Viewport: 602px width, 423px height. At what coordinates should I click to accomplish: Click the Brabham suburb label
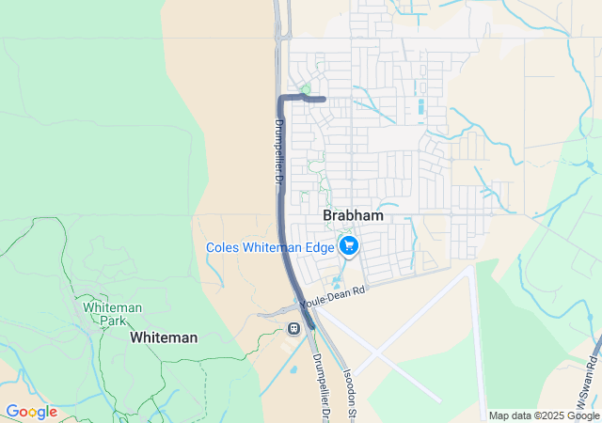tap(353, 215)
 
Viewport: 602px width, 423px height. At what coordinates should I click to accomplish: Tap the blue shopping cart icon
tap(349, 246)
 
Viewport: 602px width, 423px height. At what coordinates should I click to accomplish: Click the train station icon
tap(294, 328)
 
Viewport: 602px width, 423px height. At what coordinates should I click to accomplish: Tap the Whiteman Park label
tap(112, 314)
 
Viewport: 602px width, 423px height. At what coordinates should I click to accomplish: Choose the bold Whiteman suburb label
tap(164, 337)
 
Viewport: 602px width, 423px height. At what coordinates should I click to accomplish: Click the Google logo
tap(31, 412)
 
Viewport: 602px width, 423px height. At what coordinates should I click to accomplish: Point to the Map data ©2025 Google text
tap(544, 415)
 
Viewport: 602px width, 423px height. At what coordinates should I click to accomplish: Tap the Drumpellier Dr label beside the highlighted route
tap(279, 150)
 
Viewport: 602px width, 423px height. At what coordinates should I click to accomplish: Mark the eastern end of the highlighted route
tap(324, 99)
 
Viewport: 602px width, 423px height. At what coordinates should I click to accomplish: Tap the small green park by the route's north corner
tap(304, 89)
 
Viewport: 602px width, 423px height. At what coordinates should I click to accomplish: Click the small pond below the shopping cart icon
tap(338, 280)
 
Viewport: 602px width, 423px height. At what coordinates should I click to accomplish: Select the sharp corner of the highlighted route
tap(280, 98)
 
